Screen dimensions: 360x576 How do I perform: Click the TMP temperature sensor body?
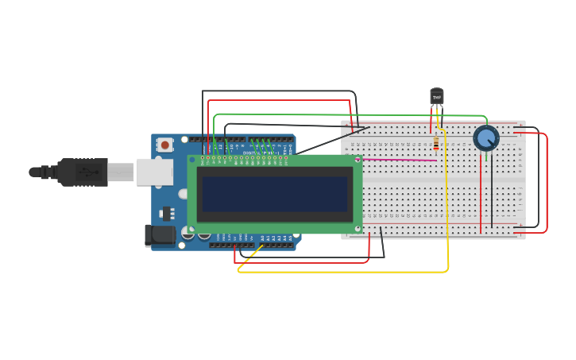click(x=436, y=97)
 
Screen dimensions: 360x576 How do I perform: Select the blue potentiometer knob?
click(x=486, y=138)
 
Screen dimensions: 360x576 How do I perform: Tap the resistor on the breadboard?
click(x=436, y=143)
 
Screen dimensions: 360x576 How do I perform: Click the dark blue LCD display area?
click(x=274, y=194)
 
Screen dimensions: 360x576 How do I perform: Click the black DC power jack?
click(x=159, y=235)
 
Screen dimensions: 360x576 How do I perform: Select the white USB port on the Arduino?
click(x=153, y=172)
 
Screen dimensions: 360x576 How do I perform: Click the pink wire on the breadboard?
click(x=397, y=160)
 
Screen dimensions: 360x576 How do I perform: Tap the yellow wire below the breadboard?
click(x=342, y=272)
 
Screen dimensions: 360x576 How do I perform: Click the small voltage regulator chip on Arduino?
click(x=168, y=213)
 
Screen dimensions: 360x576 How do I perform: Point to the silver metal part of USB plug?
click(x=121, y=172)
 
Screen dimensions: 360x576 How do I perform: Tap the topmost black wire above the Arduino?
click(x=278, y=91)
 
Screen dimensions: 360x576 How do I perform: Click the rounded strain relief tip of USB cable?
click(x=34, y=172)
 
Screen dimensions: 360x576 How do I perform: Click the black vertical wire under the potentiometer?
click(x=492, y=195)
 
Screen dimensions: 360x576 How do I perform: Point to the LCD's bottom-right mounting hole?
click(x=358, y=229)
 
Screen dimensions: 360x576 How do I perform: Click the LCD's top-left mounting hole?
click(x=192, y=160)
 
